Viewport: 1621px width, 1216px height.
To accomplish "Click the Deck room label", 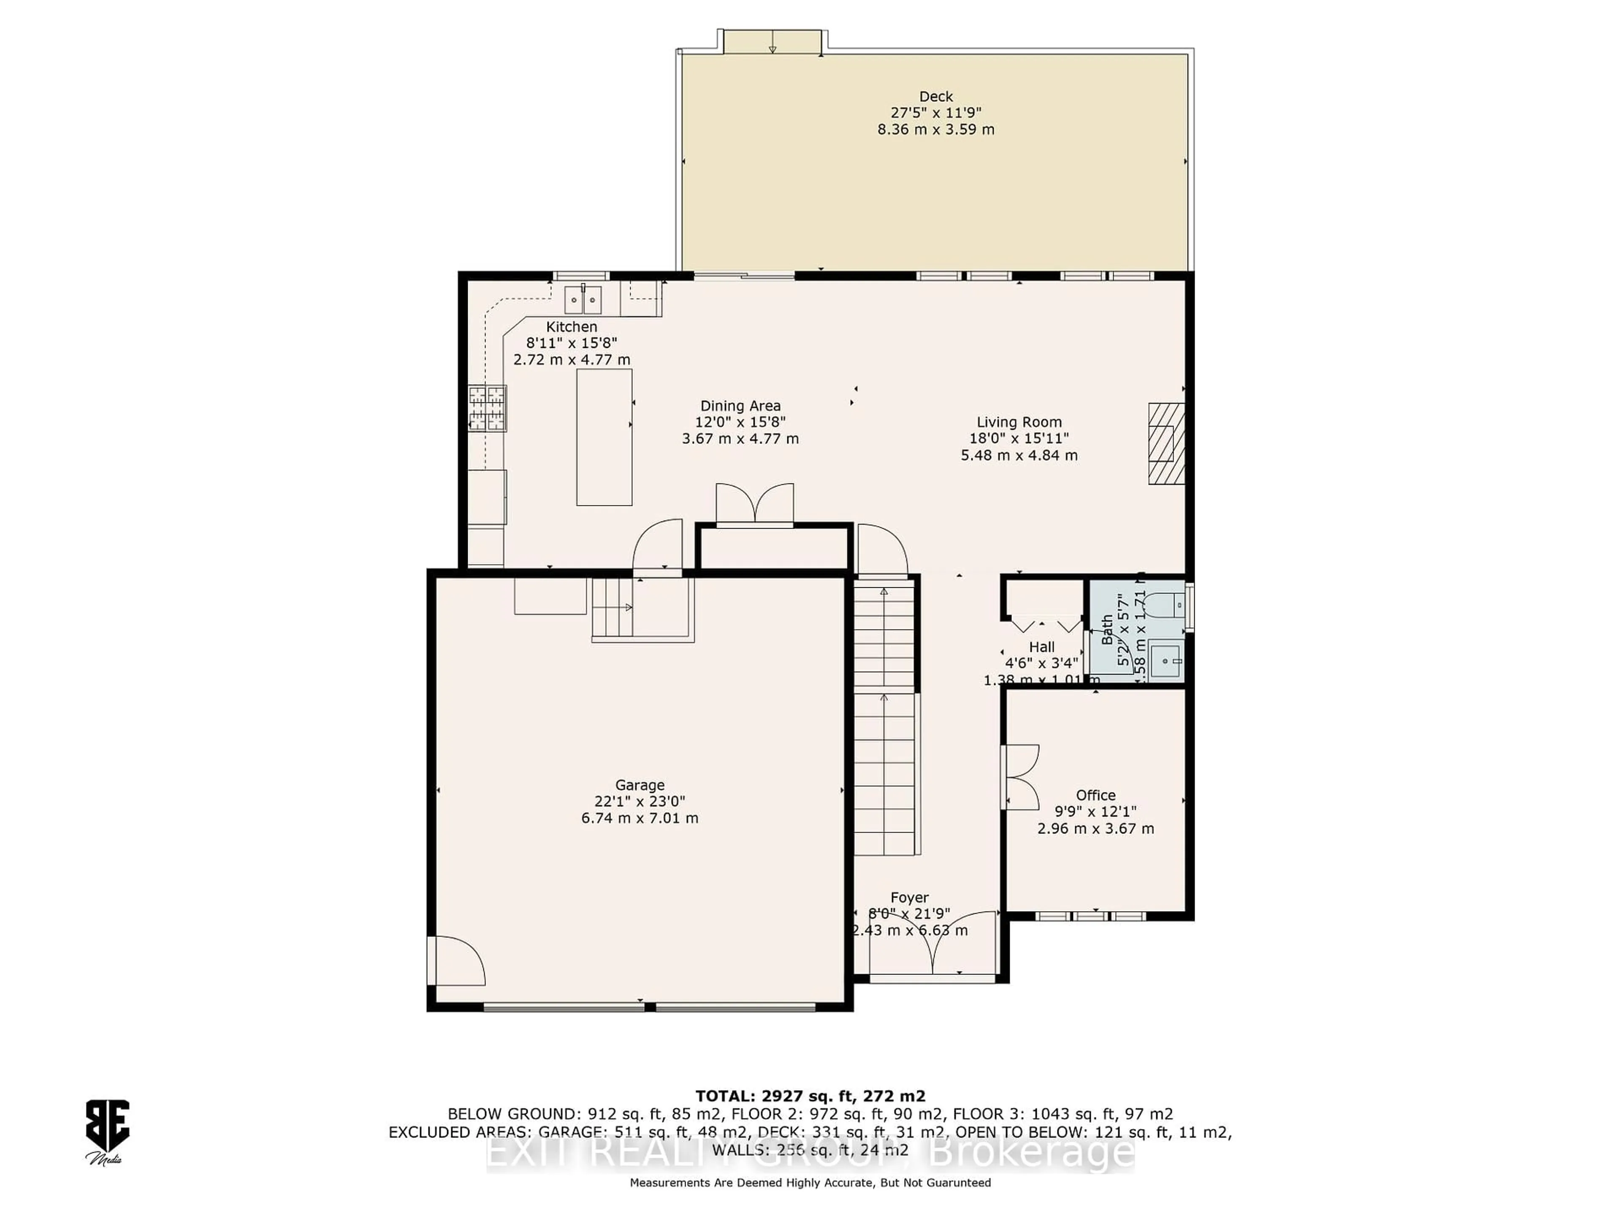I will click(x=936, y=96).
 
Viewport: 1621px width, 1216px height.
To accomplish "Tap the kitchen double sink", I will click(x=583, y=300).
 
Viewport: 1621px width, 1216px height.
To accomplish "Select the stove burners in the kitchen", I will click(x=487, y=408).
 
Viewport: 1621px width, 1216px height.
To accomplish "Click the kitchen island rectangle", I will click(x=604, y=437).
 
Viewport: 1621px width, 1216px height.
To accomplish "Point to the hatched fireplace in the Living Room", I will click(x=1166, y=443).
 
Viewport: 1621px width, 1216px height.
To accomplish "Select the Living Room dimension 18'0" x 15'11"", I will click(x=1019, y=438).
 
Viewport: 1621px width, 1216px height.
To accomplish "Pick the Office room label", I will click(x=1095, y=795).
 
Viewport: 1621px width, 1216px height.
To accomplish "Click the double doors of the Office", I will click(x=1020, y=777).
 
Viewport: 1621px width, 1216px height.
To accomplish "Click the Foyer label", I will click(x=909, y=898).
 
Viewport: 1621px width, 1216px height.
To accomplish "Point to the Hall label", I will click(x=1041, y=647).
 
